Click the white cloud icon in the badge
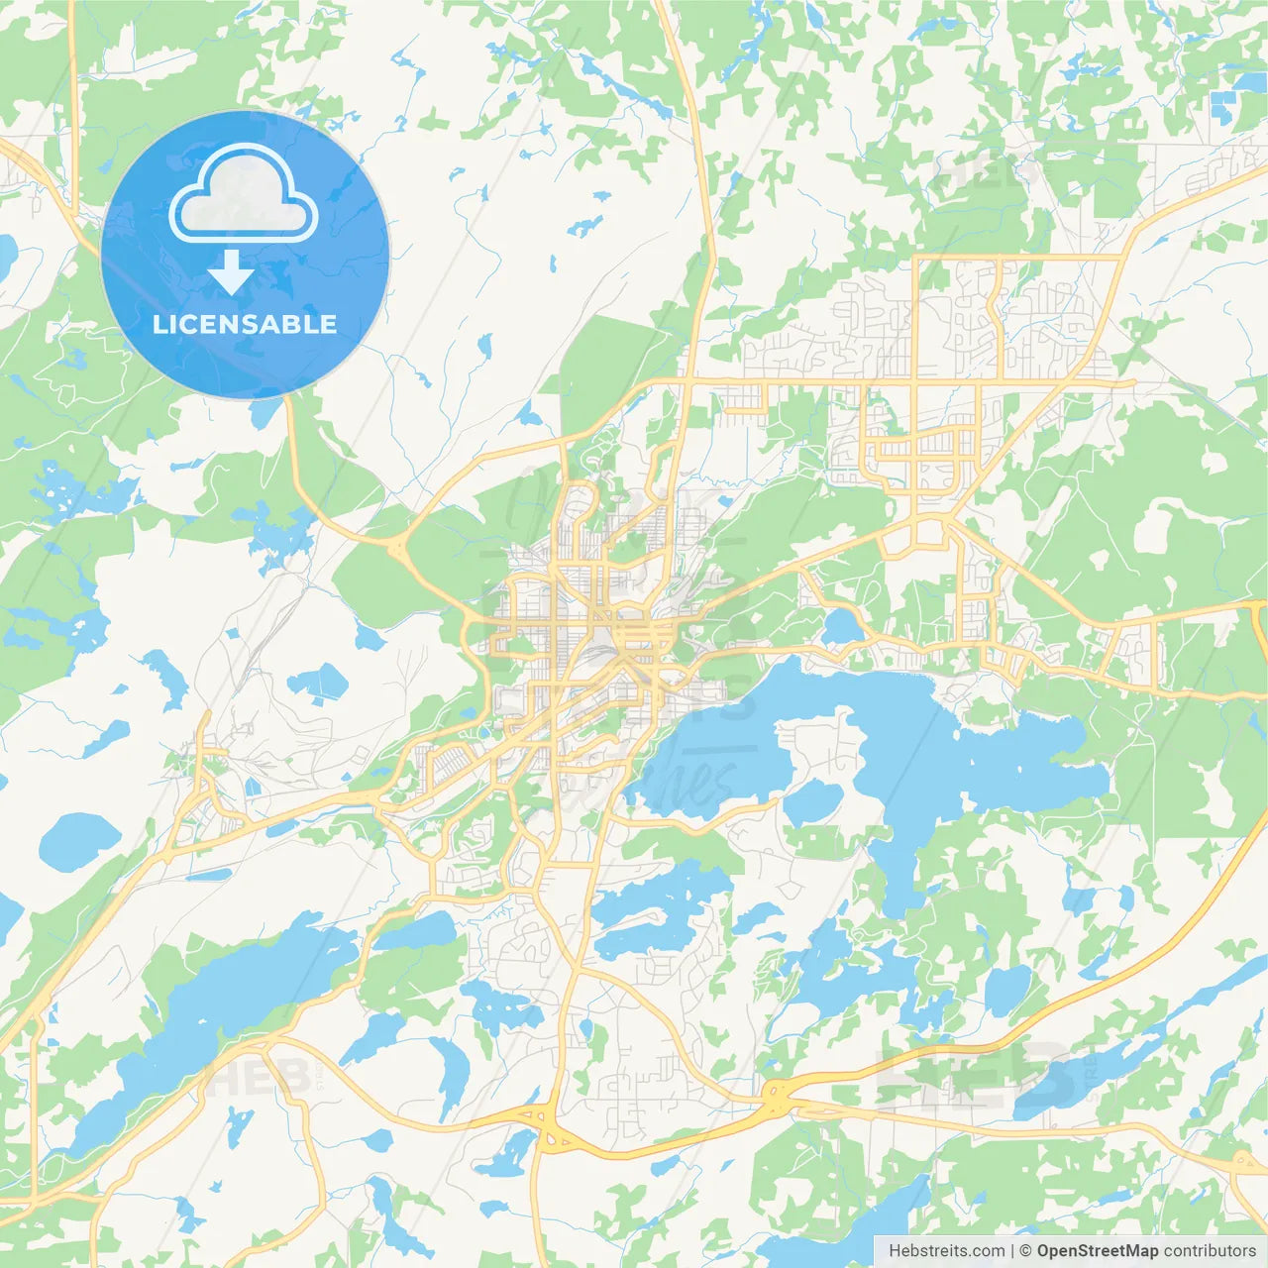point(243,194)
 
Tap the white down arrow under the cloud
point(231,272)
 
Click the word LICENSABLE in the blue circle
point(245,324)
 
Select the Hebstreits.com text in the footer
point(947,1251)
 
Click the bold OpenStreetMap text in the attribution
point(1097,1251)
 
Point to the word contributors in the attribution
point(1210,1251)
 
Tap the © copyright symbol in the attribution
point(1026,1251)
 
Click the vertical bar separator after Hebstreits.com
point(1012,1251)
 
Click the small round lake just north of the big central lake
point(843,626)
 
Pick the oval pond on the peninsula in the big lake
point(812,801)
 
